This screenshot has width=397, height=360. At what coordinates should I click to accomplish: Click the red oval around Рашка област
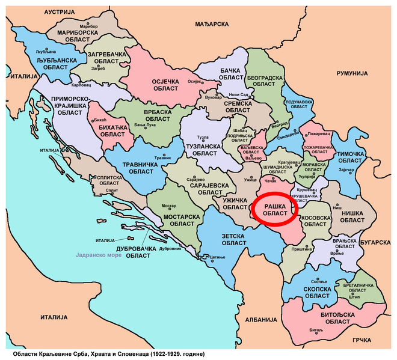click(275, 209)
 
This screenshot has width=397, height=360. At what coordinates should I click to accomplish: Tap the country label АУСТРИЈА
click(64, 12)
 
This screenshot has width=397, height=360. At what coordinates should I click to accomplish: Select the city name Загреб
click(98, 69)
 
